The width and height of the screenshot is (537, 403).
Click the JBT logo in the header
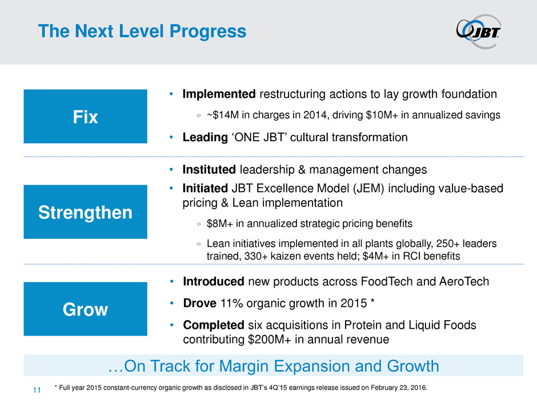click(479, 31)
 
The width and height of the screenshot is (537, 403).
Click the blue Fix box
click(85, 117)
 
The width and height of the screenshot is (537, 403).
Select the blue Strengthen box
click(85, 212)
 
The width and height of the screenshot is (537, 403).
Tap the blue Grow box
click(85, 309)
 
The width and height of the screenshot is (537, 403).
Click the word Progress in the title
click(208, 31)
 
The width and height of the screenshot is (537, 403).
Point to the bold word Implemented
click(219, 94)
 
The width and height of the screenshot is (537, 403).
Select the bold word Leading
click(205, 137)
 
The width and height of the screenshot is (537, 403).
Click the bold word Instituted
click(209, 170)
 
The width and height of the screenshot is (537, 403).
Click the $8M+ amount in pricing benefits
click(219, 224)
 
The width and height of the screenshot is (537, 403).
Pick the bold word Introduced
click(213, 281)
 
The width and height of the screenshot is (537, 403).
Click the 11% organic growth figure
click(231, 304)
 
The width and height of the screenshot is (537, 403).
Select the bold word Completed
click(213, 325)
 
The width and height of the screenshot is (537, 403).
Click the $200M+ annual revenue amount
click(270, 339)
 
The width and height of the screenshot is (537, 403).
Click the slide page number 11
click(37, 390)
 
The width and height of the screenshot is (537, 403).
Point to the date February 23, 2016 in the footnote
click(399, 388)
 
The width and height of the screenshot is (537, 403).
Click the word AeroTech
click(464, 281)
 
